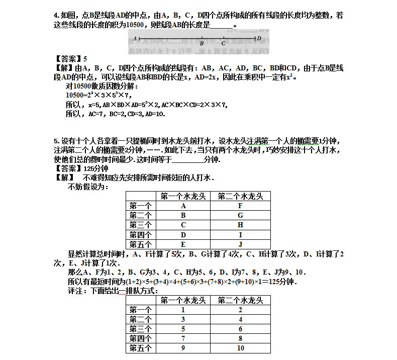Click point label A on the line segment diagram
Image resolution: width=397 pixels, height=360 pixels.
click(135, 38)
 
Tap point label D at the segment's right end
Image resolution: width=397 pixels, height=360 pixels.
click(259, 38)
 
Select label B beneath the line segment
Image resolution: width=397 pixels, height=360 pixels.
click(201, 44)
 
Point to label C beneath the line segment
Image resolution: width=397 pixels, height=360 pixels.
click(223, 44)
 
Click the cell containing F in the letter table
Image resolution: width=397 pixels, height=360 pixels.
click(240, 206)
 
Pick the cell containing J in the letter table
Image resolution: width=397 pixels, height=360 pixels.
click(240, 244)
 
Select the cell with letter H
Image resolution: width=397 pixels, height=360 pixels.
click(240, 225)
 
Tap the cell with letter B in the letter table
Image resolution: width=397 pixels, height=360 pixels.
click(183, 215)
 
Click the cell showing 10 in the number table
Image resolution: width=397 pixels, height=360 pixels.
click(240, 348)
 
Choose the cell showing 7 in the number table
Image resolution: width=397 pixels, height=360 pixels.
click(183, 338)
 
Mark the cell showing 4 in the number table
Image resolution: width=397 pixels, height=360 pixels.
click(240, 319)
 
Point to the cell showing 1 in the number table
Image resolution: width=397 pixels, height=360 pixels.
click(183, 310)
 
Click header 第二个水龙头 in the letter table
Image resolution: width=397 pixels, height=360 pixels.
click(240, 196)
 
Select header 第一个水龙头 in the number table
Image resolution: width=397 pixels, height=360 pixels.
click(183, 300)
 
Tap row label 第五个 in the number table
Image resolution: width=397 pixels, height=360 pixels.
click(140, 348)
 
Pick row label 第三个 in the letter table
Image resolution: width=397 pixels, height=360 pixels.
click(140, 225)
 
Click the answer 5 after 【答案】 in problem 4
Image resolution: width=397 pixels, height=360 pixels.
click(85, 58)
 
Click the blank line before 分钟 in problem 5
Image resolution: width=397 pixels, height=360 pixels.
click(188, 160)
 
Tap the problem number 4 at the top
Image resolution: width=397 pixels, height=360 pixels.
click(56, 16)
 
